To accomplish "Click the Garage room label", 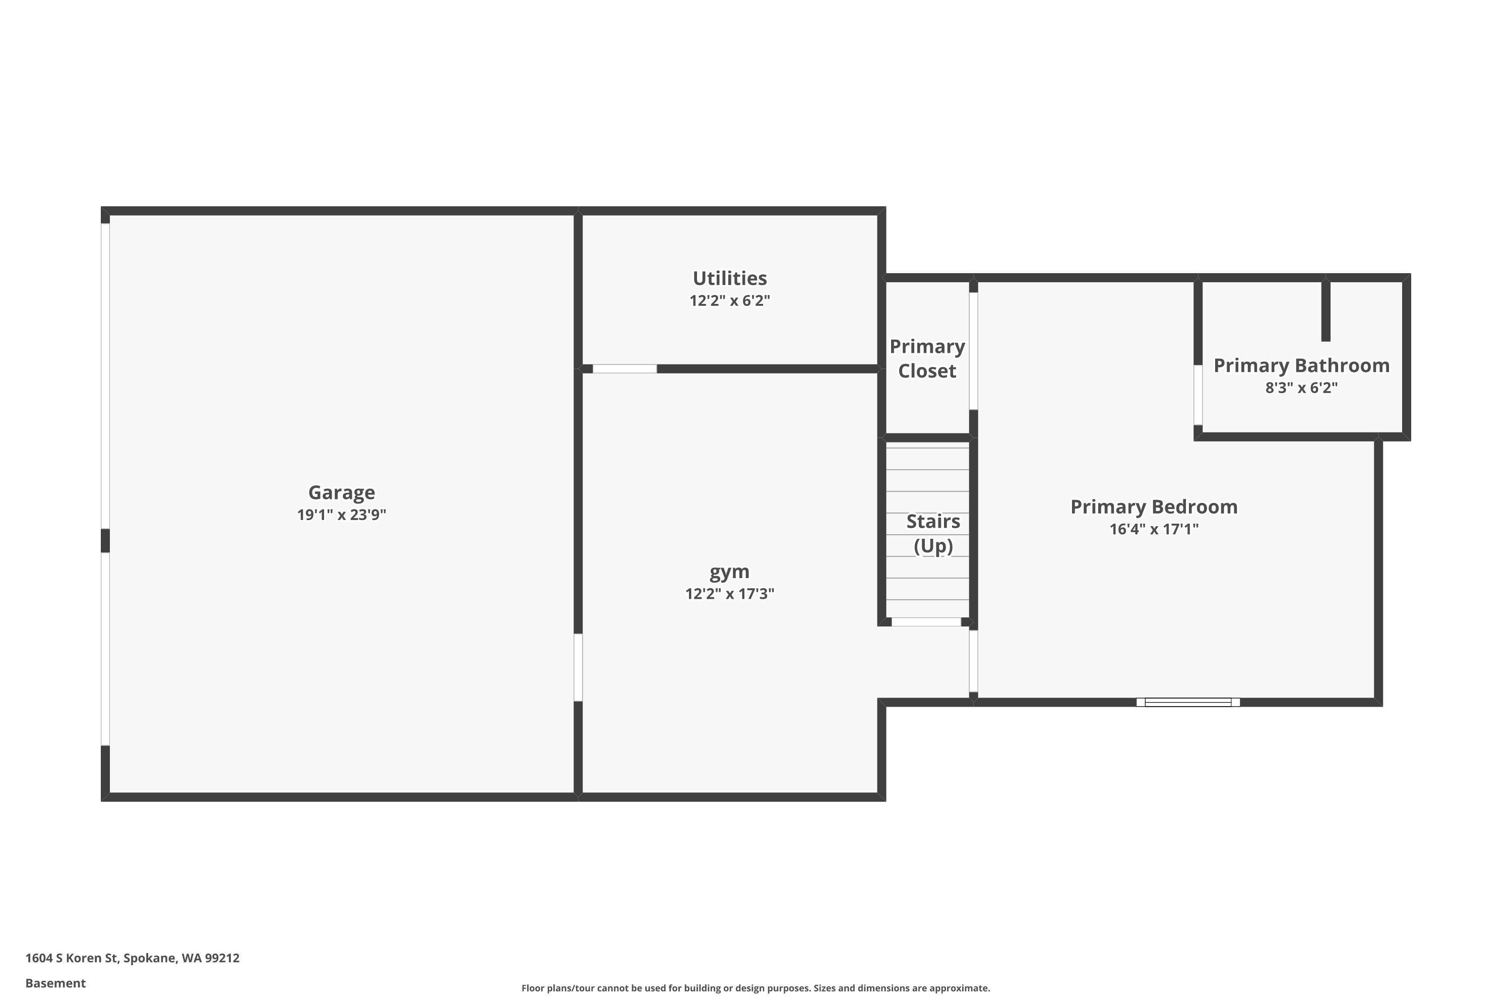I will pos(341,492).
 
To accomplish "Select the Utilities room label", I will pos(730,278).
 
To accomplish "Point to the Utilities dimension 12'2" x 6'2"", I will pos(730,301).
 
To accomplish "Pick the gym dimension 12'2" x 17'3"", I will pos(730,593).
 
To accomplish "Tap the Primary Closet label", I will pos(927,359).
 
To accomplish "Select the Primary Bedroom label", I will pos(1154,507).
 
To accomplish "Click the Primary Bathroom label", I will pos(1301,365).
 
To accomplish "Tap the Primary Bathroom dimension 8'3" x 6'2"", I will pos(1301,388).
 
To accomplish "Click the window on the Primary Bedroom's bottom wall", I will pos(1188,702).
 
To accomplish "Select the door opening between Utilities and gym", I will pos(624,369).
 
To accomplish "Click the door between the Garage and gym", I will pos(578,667).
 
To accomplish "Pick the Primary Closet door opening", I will pos(973,351).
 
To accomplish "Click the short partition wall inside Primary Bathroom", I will pos(1326,310).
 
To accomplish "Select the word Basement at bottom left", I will pos(55,983).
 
